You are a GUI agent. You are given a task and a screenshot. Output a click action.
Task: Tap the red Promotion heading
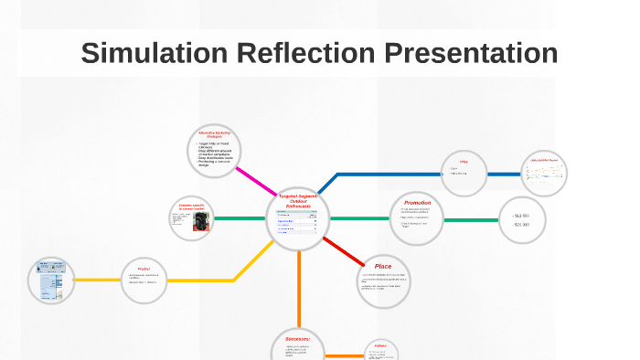[417, 203]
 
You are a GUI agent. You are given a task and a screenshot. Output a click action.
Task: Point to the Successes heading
[297, 339]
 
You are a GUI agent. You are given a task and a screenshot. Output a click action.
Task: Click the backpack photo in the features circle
[202, 222]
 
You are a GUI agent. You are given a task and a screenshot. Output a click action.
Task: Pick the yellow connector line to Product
[183, 279]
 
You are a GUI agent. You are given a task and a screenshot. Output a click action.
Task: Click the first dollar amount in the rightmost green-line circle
[522, 216]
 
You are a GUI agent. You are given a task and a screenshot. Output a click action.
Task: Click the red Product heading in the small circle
[144, 269]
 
